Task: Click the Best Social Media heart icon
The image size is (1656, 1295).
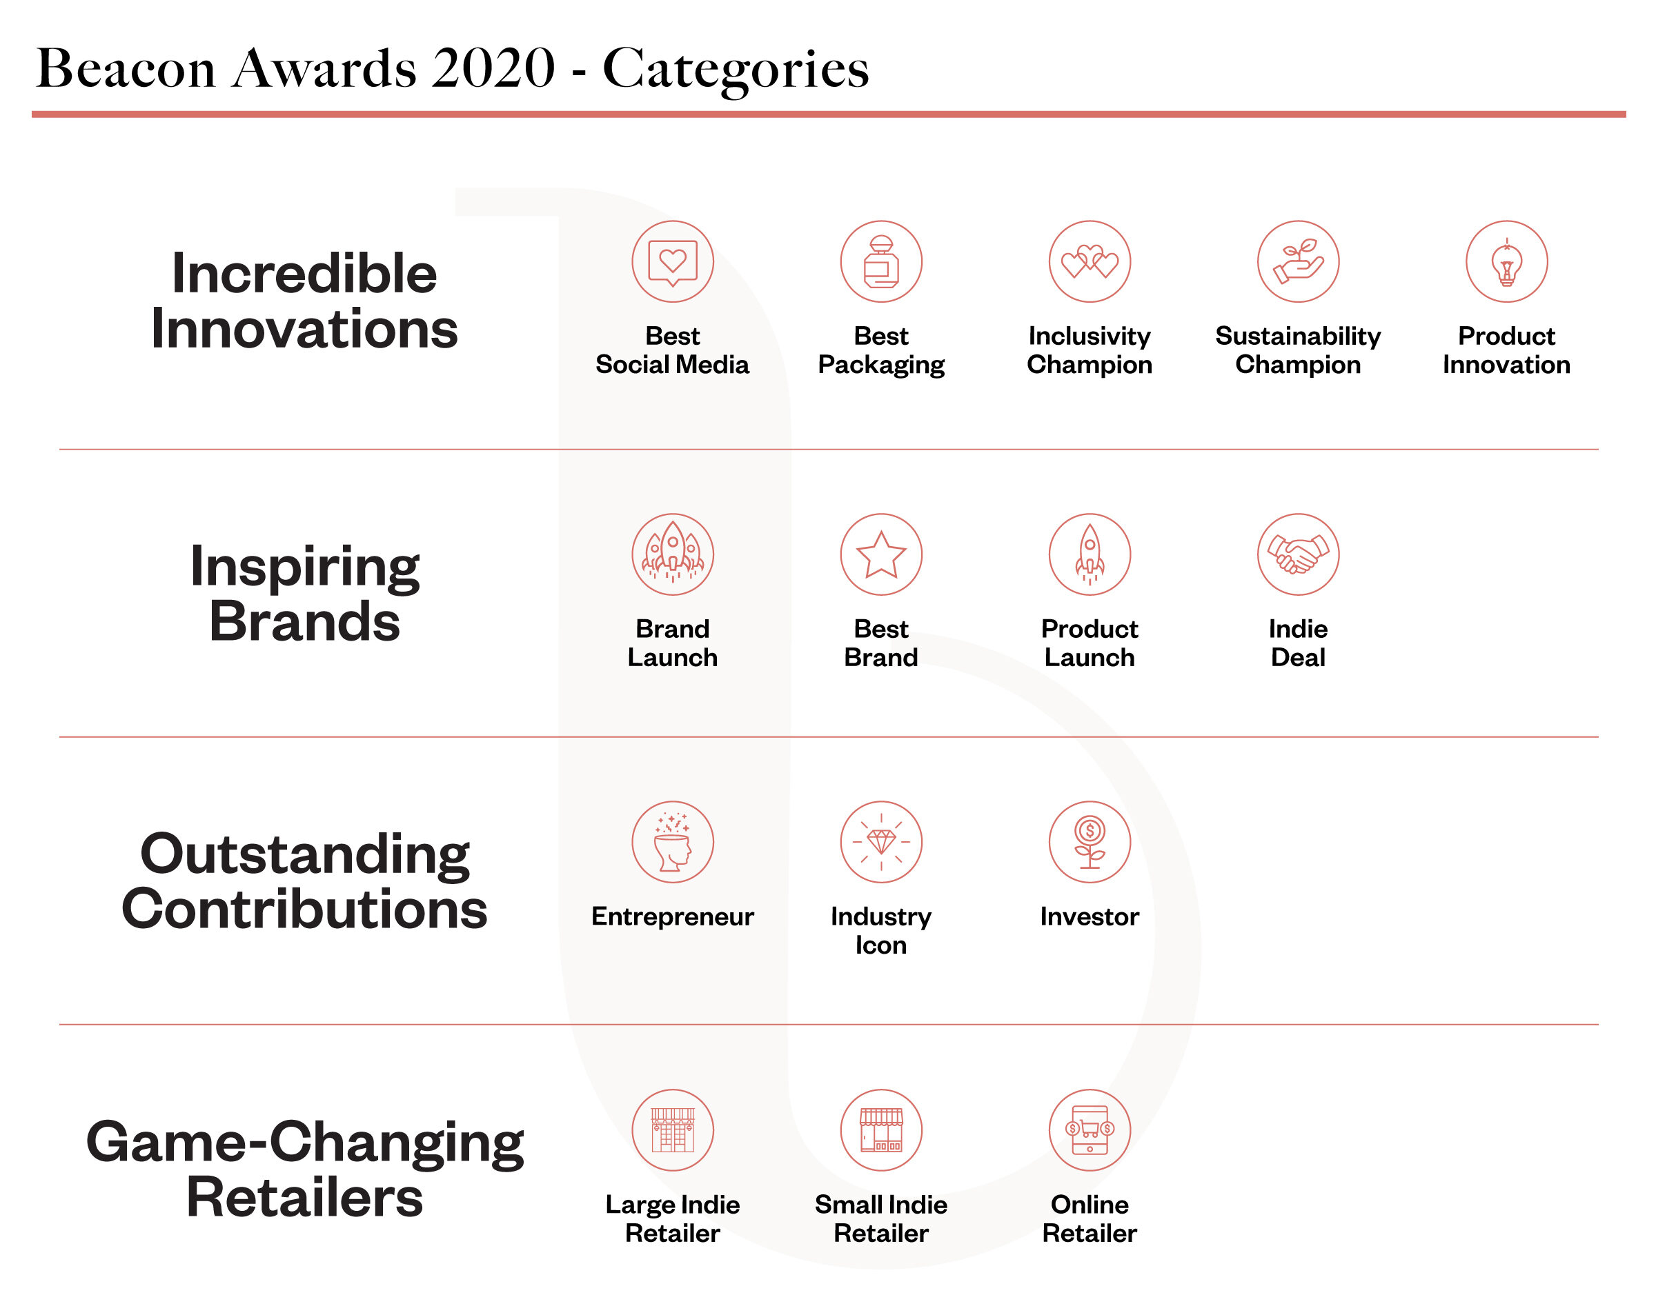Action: click(x=672, y=261)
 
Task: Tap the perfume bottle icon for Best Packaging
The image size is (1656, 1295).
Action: click(x=880, y=261)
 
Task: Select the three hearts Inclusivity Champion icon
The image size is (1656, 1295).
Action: click(x=1090, y=261)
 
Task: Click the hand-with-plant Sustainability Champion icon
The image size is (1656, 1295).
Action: click(x=1298, y=261)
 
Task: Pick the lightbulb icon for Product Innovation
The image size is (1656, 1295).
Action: click(x=1506, y=261)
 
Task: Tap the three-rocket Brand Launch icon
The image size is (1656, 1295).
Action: click(x=672, y=554)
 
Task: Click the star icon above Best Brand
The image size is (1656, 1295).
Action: click(x=880, y=554)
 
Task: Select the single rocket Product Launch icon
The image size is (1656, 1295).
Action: click(x=1090, y=554)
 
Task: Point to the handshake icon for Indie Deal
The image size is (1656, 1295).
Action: click(x=1298, y=554)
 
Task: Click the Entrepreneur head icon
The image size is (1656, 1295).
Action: click(x=672, y=841)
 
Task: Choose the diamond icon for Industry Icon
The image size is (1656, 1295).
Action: click(x=880, y=841)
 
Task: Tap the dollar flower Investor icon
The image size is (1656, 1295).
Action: click(x=1090, y=841)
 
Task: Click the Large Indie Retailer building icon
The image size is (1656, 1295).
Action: click(x=672, y=1130)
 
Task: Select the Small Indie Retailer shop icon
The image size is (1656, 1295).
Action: click(x=880, y=1130)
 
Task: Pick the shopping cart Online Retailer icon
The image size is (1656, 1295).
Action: click(x=1090, y=1130)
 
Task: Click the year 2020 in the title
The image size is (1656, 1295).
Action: click(x=494, y=68)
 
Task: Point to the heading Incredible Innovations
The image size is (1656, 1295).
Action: click(x=304, y=301)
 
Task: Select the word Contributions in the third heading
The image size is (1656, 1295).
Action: click(x=304, y=908)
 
